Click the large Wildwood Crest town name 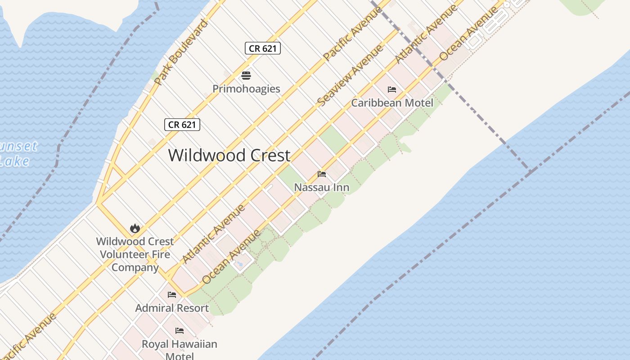click(x=229, y=156)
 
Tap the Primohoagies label click(x=246, y=89)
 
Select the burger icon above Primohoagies click(x=246, y=75)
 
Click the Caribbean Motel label click(x=392, y=103)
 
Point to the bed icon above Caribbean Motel click(x=392, y=90)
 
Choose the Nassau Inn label click(x=321, y=187)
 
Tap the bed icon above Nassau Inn click(x=321, y=174)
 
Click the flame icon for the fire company click(x=135, y=228)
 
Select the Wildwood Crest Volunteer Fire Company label click(x=135, y=254)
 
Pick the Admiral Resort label click(x=172, y=308)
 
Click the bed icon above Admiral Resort click(x=172, y=295)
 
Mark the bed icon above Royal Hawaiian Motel click(x=180, y=331)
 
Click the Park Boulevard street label click(x=181, y=52)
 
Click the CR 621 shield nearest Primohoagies click(x=263, y=48)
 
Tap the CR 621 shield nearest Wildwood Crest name click(x=182, y=125)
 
